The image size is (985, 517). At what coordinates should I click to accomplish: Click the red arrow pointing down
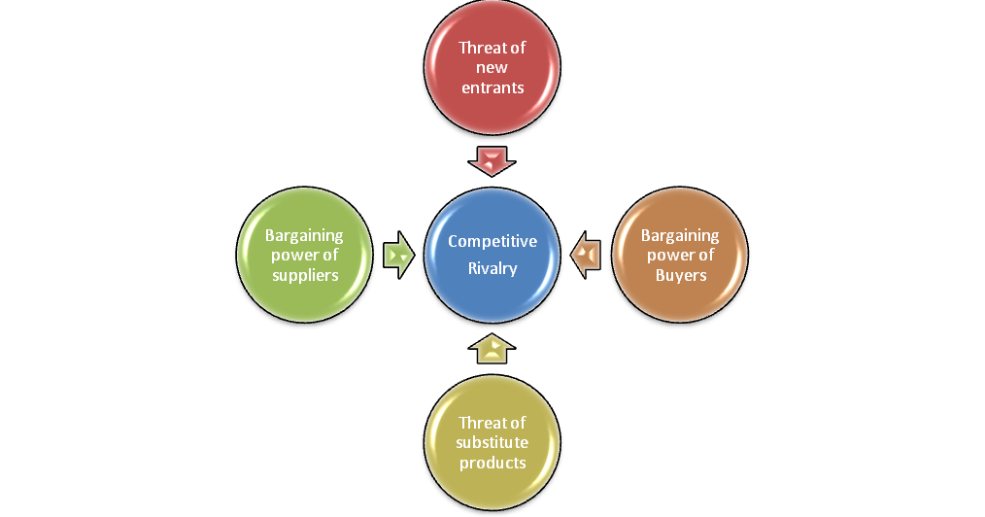point(492,161)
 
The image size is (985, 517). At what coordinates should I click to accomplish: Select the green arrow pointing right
point(399,255)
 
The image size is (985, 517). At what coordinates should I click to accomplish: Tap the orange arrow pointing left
point(586,255)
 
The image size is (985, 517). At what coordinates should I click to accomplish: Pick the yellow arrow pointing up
point(492,349)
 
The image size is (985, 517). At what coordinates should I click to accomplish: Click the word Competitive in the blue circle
point(492,241)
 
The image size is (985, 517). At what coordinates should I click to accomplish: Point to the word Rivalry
point(492,268)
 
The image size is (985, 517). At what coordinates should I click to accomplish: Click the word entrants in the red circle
point(492,87)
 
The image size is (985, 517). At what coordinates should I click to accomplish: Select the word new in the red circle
point(492,68)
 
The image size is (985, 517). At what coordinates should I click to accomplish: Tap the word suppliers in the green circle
point(305,276)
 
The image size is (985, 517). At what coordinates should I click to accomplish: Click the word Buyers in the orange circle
point(681,275)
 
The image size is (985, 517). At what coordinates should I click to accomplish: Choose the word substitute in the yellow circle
point(492,442)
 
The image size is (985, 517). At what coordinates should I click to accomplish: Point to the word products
point(492,463)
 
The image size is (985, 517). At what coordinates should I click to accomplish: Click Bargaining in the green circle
point(304,235)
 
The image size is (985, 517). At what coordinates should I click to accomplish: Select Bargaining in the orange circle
point(680,235)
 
